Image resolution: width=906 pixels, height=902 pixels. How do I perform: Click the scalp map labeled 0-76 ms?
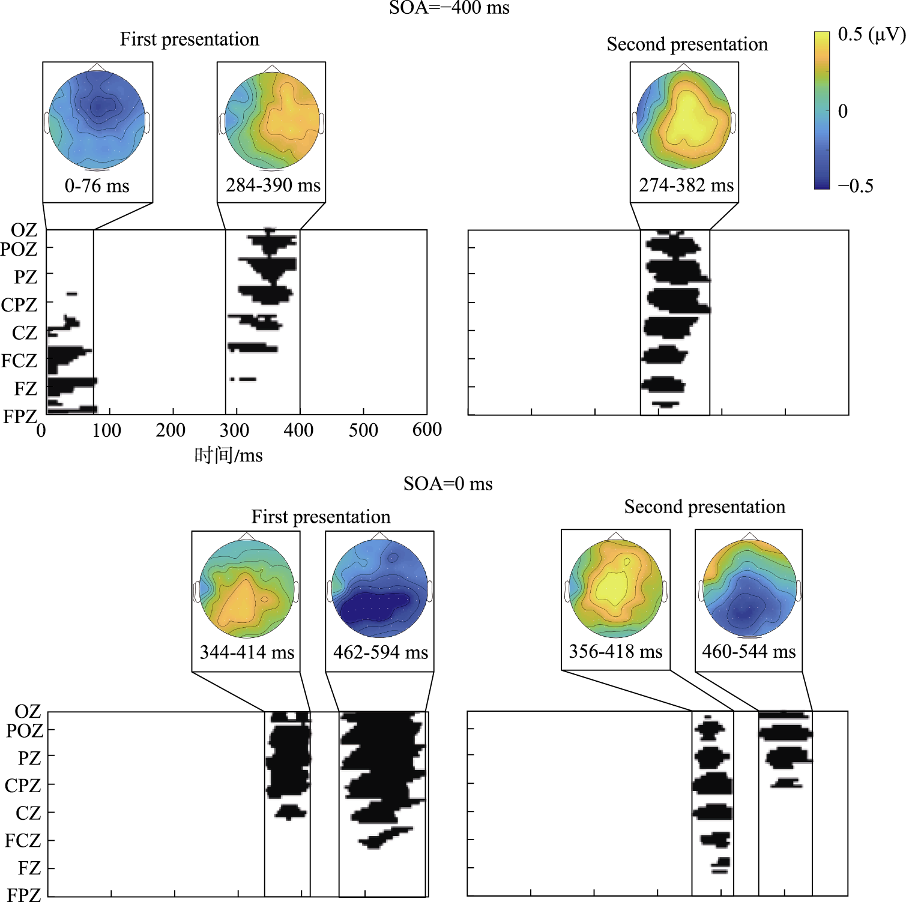[x=97, y=121]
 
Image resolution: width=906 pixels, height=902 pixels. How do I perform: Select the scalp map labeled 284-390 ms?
[x=272, y=121]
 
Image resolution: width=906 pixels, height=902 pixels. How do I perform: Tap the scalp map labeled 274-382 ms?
[x=684, y=119]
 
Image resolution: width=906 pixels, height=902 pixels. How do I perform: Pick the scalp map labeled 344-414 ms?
[x=246, y=589]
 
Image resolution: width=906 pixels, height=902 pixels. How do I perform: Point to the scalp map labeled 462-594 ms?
[x=379, y=589]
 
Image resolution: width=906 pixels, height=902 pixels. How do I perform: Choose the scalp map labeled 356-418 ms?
[x=615, y=588]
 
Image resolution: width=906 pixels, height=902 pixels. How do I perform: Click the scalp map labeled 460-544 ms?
[x=749, y=588]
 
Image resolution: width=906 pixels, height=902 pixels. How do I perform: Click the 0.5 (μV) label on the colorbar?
[x=871, y=35]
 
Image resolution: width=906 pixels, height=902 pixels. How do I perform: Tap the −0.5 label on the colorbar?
[x=856, y=186]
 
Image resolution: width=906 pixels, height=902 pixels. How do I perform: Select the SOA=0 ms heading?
[x=448, y=484]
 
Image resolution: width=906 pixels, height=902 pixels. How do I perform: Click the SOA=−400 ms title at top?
[x=449, y=8]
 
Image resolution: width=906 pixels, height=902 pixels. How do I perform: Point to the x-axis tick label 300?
[x=235, y=430]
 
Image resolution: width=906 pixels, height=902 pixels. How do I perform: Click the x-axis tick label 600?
[x=427, y=430]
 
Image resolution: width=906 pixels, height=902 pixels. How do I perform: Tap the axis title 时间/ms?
[x=229, y=456]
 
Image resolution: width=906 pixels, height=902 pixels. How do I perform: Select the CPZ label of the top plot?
[x=19, y=305]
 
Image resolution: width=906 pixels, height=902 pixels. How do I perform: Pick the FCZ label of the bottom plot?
[x=23, y=841]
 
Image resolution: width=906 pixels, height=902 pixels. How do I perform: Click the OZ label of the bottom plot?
[x=28, y=712]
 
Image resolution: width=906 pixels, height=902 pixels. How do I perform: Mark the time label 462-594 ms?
[x=381, y=652]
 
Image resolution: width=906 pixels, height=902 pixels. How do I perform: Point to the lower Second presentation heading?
[x=705, y=507]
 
